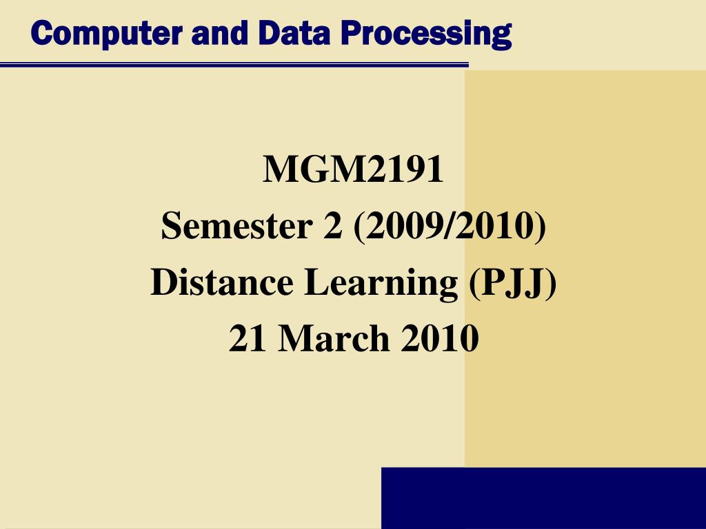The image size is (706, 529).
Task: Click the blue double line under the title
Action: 234,65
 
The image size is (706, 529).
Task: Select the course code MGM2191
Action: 353,170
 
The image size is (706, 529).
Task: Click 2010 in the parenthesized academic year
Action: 495,227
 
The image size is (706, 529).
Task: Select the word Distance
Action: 221,283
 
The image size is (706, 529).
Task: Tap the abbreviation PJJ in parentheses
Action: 510,283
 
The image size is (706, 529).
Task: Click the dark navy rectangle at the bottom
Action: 543,498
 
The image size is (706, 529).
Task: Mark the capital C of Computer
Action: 41,32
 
